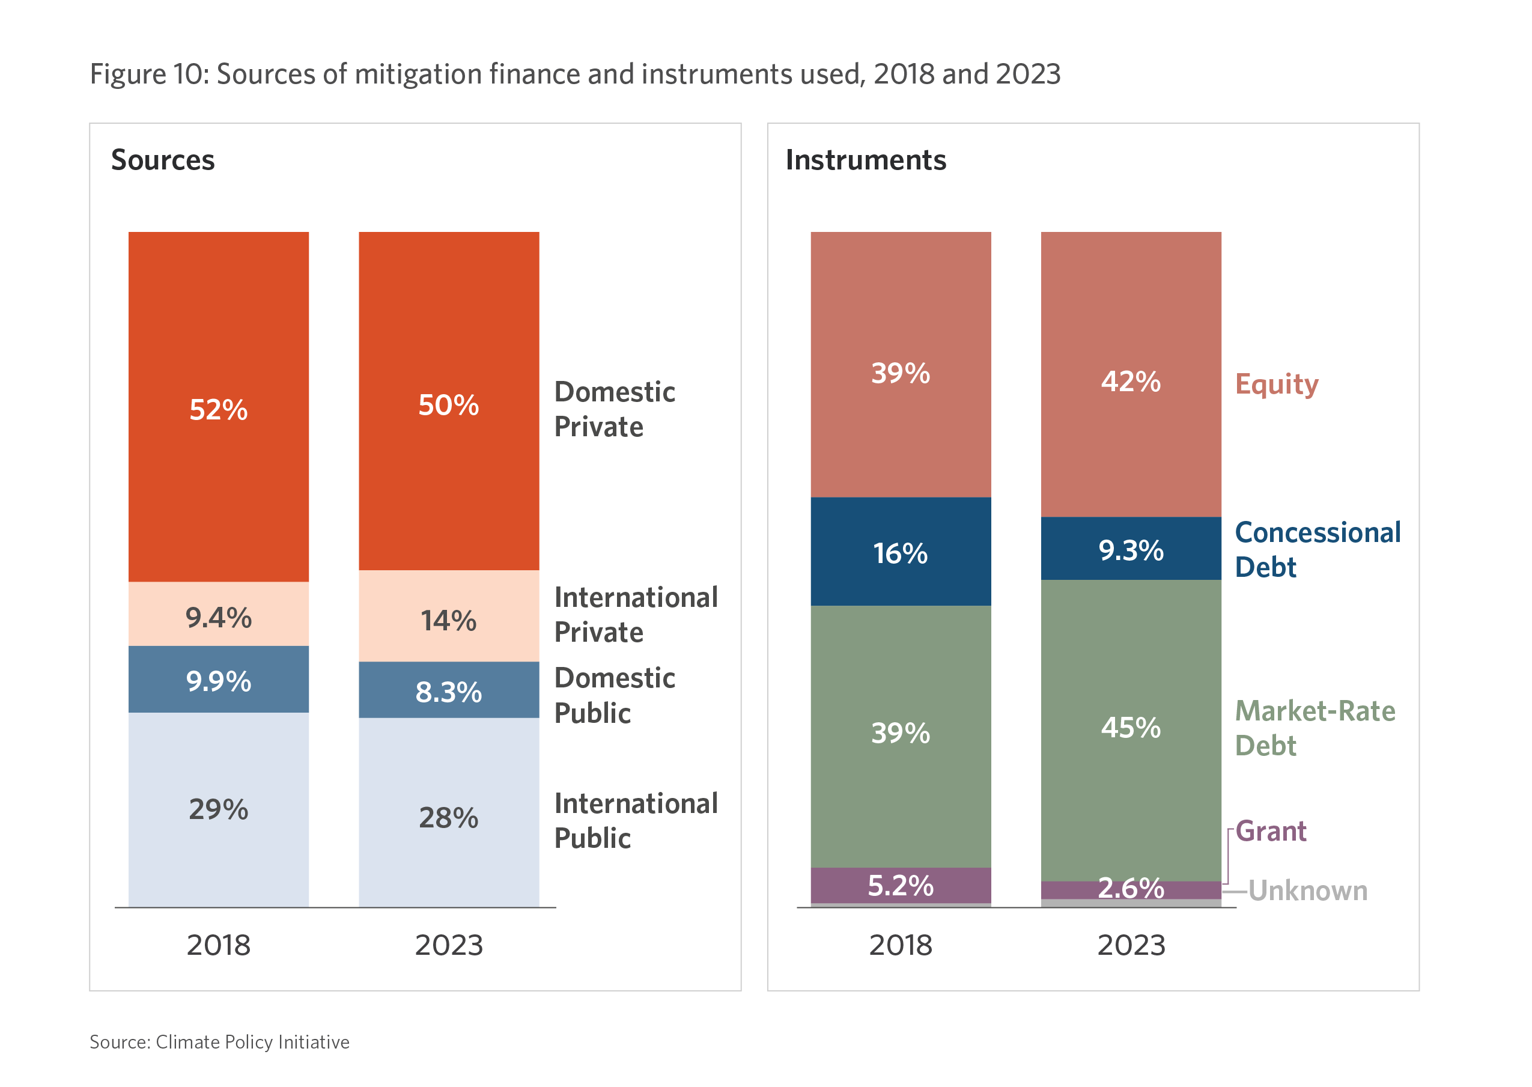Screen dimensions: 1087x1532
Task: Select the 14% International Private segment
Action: tap(448, 617)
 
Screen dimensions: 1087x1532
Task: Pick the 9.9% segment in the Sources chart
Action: tap(218, 680)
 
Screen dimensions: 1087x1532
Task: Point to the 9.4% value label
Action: tap(218, 617)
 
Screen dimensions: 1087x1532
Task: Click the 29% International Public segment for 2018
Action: tap(218, 809)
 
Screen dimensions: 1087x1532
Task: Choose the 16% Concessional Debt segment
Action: tap(900, 552)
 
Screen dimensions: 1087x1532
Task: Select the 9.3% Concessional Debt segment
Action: tap(1131, 549)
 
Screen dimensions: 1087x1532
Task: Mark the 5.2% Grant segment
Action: tap(900, 885)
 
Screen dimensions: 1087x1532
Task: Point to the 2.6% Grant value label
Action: tap(1131, 888)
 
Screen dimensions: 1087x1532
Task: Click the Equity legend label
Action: tap(1275, 384)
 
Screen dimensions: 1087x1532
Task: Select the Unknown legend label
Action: tap(1307, 891)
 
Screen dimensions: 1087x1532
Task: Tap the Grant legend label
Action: tap(1269, 830)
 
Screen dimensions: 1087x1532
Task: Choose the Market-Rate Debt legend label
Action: tap(1314, 728)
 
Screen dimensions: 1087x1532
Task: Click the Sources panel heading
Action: tap(163, 160)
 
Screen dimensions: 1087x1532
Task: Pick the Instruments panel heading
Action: tap(865, 160)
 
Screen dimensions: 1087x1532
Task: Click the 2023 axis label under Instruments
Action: tap(1131, 945)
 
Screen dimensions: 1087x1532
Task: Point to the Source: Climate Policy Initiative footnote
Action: tap(219, 1041)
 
